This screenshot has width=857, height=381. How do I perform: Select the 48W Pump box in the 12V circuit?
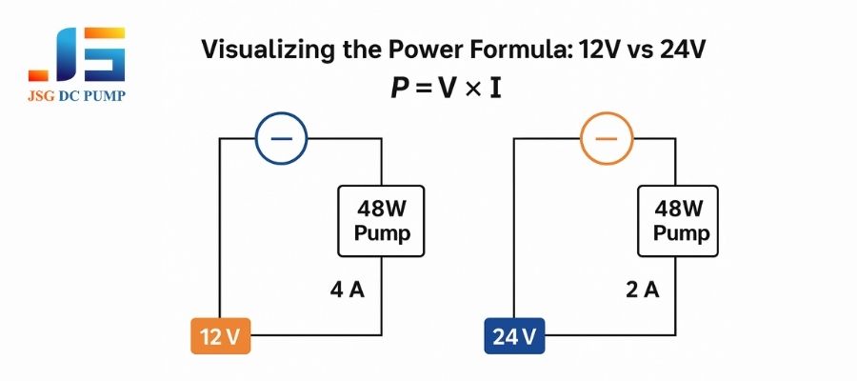point(382,221)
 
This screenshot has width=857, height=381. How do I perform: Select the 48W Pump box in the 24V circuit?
point(677,221)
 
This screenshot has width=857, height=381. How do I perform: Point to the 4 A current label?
point(347,290)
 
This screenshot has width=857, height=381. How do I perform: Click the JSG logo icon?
point(77,54)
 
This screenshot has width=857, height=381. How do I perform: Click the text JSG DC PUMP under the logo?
point(77,97)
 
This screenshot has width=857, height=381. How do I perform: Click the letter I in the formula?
point(495,90)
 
